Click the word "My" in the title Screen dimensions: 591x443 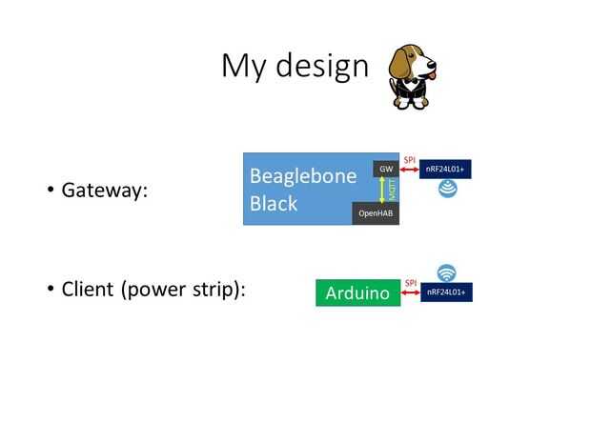coord(240,66)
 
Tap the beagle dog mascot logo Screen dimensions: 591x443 coord(413,75)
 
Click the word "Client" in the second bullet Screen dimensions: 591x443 coord(88,289)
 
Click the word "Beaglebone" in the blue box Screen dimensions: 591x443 coord(302,175)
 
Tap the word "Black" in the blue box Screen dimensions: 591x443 coord(274,203)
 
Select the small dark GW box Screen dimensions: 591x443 coord(386,170)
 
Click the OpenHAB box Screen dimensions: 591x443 coord(376,213)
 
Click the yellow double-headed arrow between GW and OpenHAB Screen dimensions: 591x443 coord(382,190)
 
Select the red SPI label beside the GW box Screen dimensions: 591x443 coord(410,159)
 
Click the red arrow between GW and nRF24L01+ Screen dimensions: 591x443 coord(410,170)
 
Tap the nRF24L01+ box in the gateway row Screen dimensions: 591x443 coord(446,170)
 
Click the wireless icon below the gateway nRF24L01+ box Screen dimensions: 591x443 coord(447,189)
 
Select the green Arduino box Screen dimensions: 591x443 coord(357,292)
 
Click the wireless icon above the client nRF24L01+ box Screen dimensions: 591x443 coord(447,272)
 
